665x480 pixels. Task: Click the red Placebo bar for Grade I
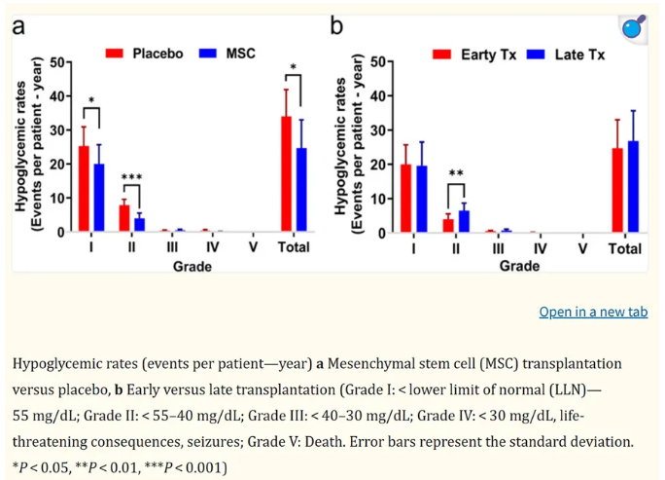click(85, 189)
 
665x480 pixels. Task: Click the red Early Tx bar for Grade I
click(406, 199)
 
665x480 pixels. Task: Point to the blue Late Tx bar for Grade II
click(464, 221)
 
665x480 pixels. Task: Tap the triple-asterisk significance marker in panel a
click(131, 177)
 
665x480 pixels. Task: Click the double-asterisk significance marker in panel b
click(456, 174)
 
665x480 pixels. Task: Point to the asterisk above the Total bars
click(293, 68)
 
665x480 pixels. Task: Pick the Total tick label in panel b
click(624, 249)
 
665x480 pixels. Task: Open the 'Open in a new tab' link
click(593, 313)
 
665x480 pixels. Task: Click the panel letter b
click(336, 24)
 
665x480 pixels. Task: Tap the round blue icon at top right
click(633, 27)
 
